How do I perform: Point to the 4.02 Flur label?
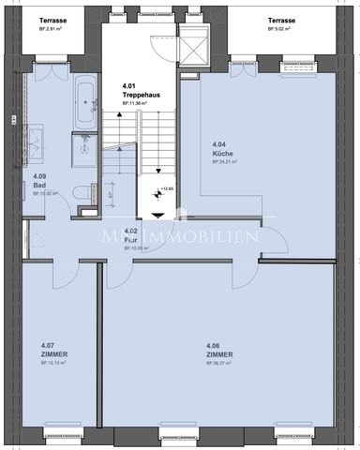131,234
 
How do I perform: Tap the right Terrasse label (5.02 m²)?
281,20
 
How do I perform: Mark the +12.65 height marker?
168,188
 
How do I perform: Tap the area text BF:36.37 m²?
221,364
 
